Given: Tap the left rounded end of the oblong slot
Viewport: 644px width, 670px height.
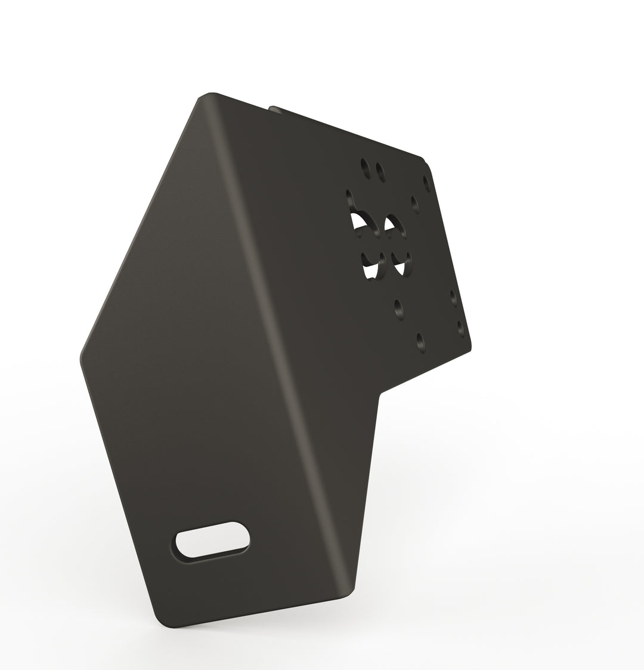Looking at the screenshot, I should (x=181, y=545).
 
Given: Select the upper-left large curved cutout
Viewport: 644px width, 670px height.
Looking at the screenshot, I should (x=360, y=216).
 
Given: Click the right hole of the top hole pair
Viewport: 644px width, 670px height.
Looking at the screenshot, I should (x=380, y=171).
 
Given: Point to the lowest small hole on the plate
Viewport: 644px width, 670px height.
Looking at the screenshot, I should (x=420, y=341).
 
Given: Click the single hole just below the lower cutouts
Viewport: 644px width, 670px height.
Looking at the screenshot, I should (x=398, y=308).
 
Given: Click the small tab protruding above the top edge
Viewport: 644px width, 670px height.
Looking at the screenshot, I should (x=273, y=108).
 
